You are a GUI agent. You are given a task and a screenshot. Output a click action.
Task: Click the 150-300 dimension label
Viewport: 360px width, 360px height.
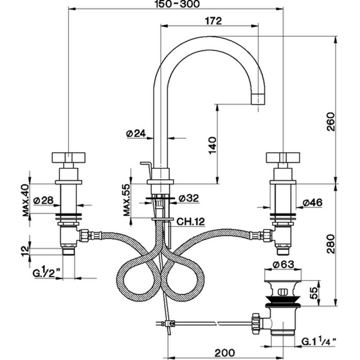(x=177, y=4)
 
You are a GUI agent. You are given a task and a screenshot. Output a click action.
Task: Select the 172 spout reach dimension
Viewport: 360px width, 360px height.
(x=213, y=21)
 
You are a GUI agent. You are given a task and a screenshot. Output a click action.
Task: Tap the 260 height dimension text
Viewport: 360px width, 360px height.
(x=331, y=121)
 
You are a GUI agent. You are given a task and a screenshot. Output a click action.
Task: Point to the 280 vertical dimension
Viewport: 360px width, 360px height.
(x=331, y=243)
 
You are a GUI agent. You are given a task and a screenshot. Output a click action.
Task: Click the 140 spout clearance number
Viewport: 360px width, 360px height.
(x=213, y=145)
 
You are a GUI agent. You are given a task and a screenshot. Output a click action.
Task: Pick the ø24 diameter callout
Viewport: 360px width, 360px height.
(x=136, y=133)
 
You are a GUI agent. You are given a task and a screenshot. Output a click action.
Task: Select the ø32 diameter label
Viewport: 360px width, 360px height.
(x=189, y=198)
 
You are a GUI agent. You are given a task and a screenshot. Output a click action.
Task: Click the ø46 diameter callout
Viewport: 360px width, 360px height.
(x=312, y=202)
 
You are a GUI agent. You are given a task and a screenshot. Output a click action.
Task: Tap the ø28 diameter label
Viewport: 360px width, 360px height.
(x=44, y=200)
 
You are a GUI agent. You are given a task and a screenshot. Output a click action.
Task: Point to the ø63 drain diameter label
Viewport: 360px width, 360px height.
(x=283, y=265)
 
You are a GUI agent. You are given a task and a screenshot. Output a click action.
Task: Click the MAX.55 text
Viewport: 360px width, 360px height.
(x=127, y=200)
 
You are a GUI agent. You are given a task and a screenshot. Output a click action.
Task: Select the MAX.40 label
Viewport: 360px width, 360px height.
(x=26, y=200)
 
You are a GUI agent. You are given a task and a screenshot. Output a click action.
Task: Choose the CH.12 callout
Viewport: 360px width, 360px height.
(x=190, y=221)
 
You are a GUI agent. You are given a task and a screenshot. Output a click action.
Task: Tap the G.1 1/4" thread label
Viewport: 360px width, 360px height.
(x=319, y=342)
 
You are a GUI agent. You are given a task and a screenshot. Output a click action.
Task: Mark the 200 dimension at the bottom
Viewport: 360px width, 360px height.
(x=225, y=352)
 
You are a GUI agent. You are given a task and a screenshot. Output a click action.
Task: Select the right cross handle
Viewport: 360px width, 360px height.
(x=283, y=157)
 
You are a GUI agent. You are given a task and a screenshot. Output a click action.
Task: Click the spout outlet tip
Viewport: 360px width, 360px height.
(x=258, y=99)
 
